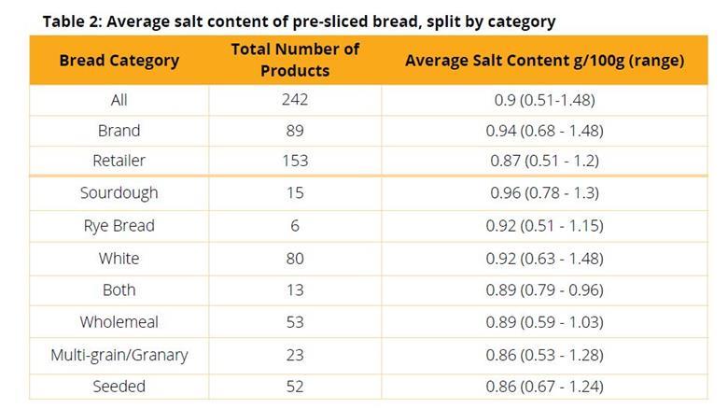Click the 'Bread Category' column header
pyautogui.click(x=119, y=60)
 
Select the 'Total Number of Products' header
pyautogui.click(x=294, y=60)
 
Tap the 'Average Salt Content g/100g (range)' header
pyautogui.click(x=544, y=60)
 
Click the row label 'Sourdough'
pyautogui.click(x=119, y=193)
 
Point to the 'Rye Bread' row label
pyautogui.click(x=119, y=226)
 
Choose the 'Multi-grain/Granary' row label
pyautogui.click(x=119, y=355)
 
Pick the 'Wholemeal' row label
pyautogui.click(x=119, y=322)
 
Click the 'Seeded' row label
pyautogui.click(x=119, y=387)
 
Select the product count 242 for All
pyautogui.click(x=294, y=99)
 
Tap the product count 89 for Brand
pyautogui.click(x=294, y=131)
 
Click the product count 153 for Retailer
pyautogui.click(x=294, y=161)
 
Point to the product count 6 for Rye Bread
pyautogui.click(x=294, y=226)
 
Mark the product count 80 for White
pyautogui.click(x=294, y=259)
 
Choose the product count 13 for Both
pyautogui.click(x=294, y=290)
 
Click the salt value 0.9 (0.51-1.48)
pyautogui.click(x=544, y=99)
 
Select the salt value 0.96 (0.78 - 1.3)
pyautogui.click(x=544, y=193)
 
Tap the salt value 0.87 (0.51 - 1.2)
pyautogui.click(x=544, y=161)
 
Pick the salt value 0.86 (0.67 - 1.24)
pyautogui.click(x=544, y=387)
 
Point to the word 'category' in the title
pyautogui.click(x=521, y=21)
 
